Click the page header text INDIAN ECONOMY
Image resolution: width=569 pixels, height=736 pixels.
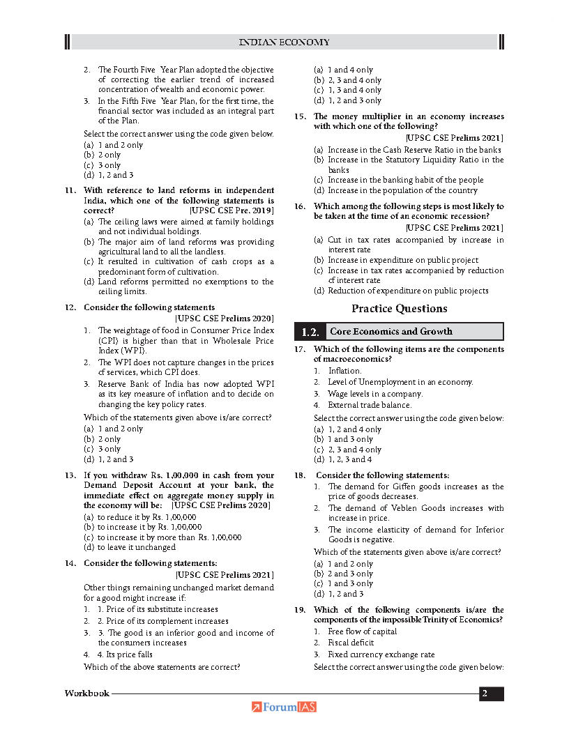pyautogui.click(x=284, y=43)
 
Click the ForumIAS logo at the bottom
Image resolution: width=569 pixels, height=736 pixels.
pyautogui.click(x=284, y=707)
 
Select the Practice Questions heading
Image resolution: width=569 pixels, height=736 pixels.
pyautogui.click(x=399, y=309)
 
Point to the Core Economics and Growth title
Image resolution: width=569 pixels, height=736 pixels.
pyautogui.click(x=391, y=332)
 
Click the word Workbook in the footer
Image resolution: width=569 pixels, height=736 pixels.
pyautogui.click(x=87, y=693)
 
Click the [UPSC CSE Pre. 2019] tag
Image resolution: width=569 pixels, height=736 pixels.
pyautogui.click(x=232, y=210)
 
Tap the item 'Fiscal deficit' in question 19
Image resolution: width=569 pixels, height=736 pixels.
pyautogui.click(x=351, y=643)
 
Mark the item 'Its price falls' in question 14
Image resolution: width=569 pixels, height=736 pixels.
pyautogui.click(x=125, y=654)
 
